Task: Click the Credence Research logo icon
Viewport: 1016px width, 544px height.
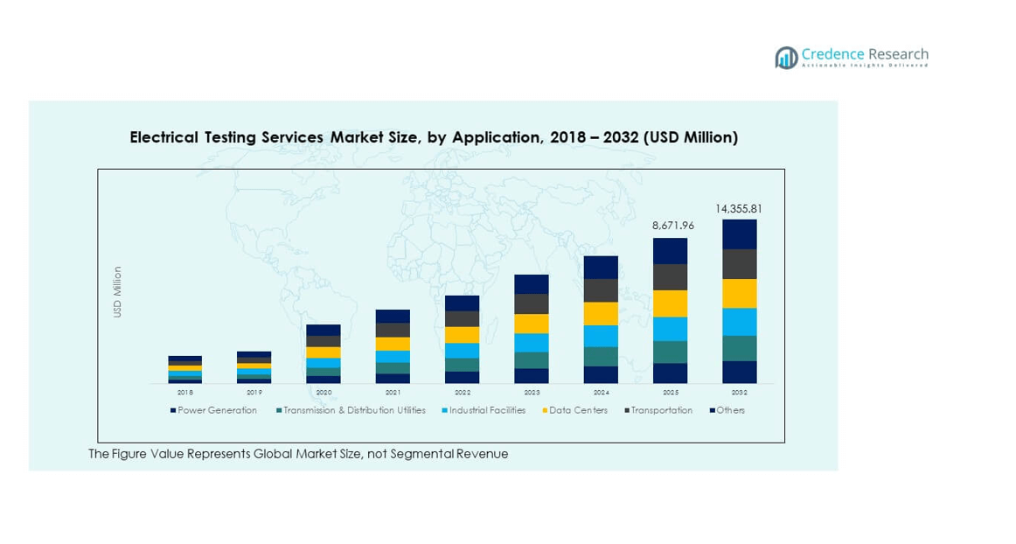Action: tap(786, 58)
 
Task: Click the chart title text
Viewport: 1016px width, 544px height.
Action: tap(434, 137)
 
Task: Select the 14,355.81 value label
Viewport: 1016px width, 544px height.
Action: tap(739, 209)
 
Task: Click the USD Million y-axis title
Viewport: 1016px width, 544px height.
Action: tap(117, 292)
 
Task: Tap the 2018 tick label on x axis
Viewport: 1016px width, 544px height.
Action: tap(184, 393)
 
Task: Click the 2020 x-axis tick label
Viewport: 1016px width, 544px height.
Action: tap(324, 393)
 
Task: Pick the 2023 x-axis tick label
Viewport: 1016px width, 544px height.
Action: tap(532, 393)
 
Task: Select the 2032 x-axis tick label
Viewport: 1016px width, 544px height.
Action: tap(739, 393)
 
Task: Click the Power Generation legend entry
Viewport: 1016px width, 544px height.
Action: tap(214, 410)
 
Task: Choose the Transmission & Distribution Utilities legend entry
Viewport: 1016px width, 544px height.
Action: tap(351, 410)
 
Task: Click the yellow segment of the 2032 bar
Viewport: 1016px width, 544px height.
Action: tap(739, 294)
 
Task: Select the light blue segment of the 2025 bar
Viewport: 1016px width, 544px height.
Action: tap(670, 329)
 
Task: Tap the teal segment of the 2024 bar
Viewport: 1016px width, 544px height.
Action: tap(601, 356)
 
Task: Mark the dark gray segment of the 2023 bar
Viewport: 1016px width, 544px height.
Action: tap(532, 303)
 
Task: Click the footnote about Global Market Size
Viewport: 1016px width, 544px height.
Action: tap(298, 454)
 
